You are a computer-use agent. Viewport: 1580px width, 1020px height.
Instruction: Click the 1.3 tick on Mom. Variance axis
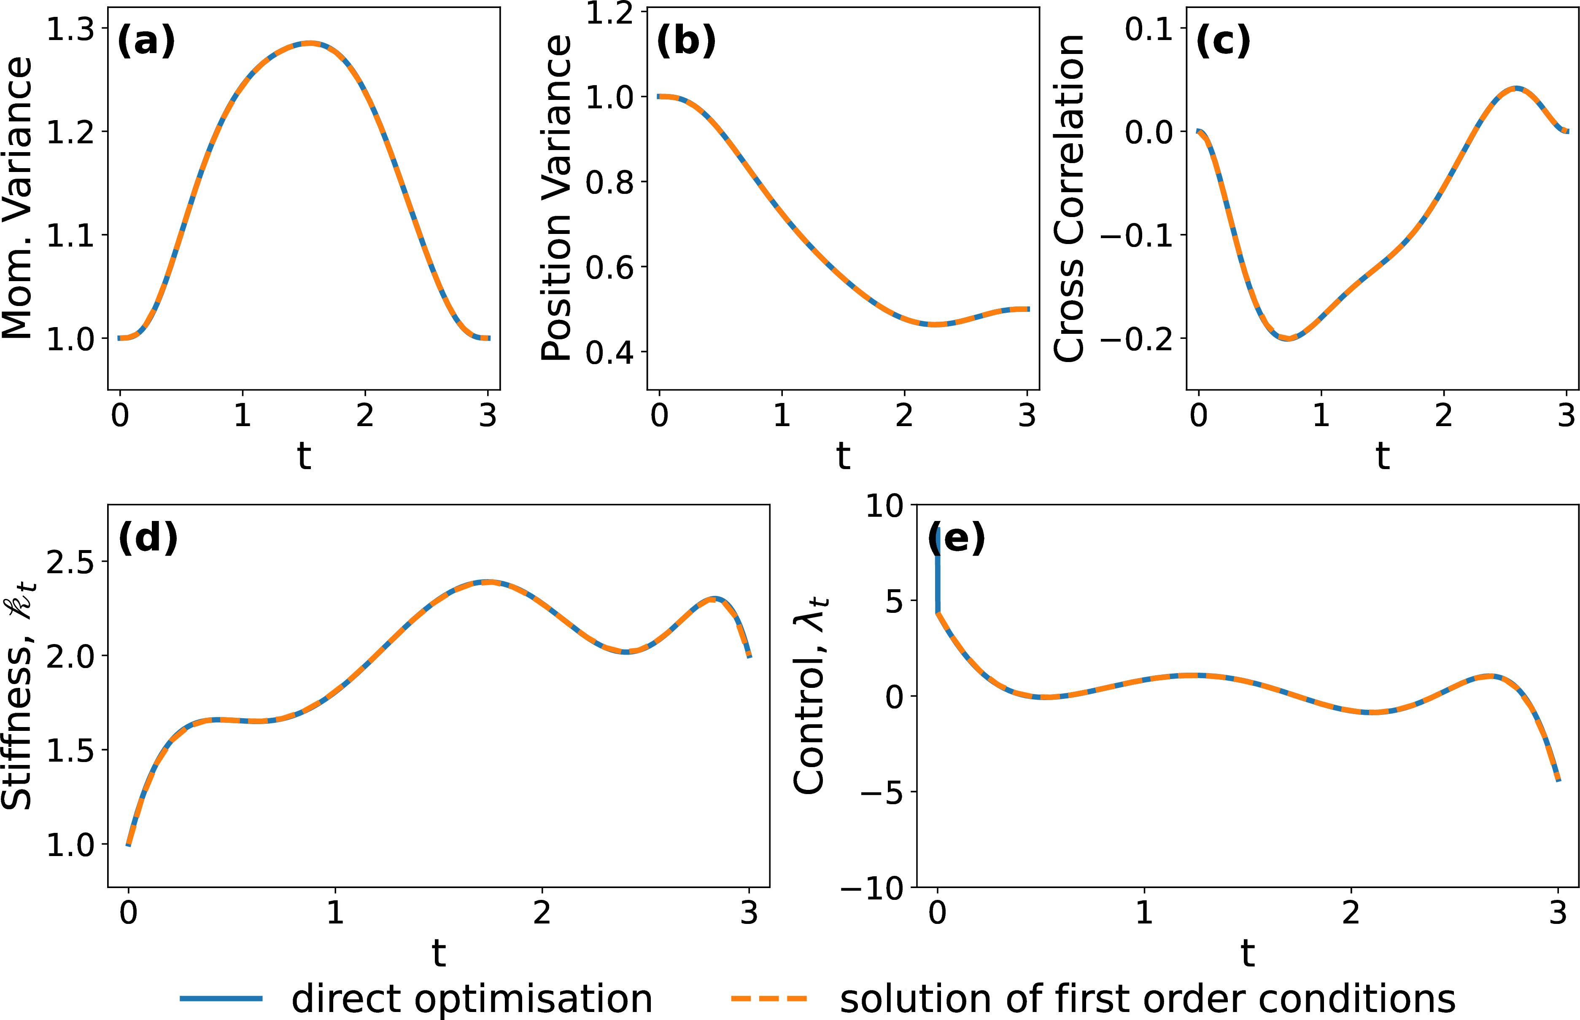pyautogui.click(x=70, y=29)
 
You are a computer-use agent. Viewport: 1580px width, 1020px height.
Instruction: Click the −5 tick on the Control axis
pyautogui.click(x=882, y=792)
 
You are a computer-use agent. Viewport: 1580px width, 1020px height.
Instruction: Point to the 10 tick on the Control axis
pyautogui.click(x=884, y=507)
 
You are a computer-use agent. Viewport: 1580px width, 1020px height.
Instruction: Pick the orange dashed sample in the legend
pyautogui.click(x=769, y=998)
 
